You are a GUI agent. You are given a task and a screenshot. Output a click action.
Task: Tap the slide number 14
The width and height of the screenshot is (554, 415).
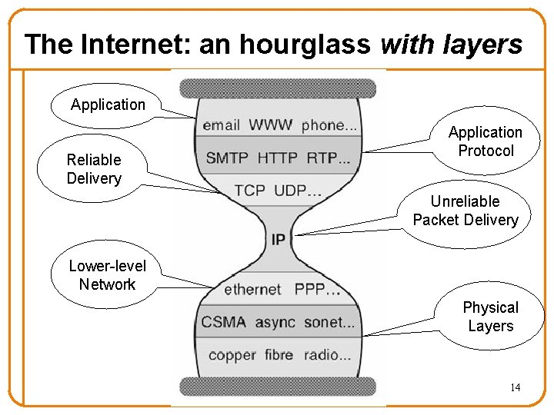515,387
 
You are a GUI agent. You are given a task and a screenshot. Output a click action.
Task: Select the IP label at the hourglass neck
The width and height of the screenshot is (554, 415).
278,240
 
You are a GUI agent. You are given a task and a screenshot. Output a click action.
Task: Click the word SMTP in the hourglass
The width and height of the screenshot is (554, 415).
227,158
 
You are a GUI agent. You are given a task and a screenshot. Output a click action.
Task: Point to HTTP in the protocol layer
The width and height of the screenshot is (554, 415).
277,158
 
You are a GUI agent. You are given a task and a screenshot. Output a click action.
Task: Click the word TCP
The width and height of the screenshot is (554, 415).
250,191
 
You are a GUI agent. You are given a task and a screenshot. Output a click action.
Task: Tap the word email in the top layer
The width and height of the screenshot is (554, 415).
221,124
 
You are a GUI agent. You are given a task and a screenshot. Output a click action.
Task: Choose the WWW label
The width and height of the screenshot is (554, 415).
270,124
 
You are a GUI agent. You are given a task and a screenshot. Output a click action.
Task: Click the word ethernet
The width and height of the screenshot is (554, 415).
252,290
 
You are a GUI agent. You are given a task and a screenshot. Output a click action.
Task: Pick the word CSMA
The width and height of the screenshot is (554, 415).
223,322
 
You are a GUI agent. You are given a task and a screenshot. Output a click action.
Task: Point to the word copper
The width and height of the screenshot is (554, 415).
232,354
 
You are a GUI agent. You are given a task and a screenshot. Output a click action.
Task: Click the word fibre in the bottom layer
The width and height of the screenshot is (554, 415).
278,354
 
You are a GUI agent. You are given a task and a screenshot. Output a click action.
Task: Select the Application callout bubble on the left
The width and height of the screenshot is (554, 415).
108,105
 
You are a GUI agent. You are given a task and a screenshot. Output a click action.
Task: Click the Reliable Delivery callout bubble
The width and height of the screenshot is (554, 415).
94,169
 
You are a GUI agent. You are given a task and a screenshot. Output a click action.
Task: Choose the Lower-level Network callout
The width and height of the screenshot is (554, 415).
107,275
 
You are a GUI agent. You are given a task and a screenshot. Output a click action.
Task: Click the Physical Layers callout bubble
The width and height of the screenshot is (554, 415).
490,317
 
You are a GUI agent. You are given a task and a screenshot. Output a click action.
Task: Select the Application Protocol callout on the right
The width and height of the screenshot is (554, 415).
485,141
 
